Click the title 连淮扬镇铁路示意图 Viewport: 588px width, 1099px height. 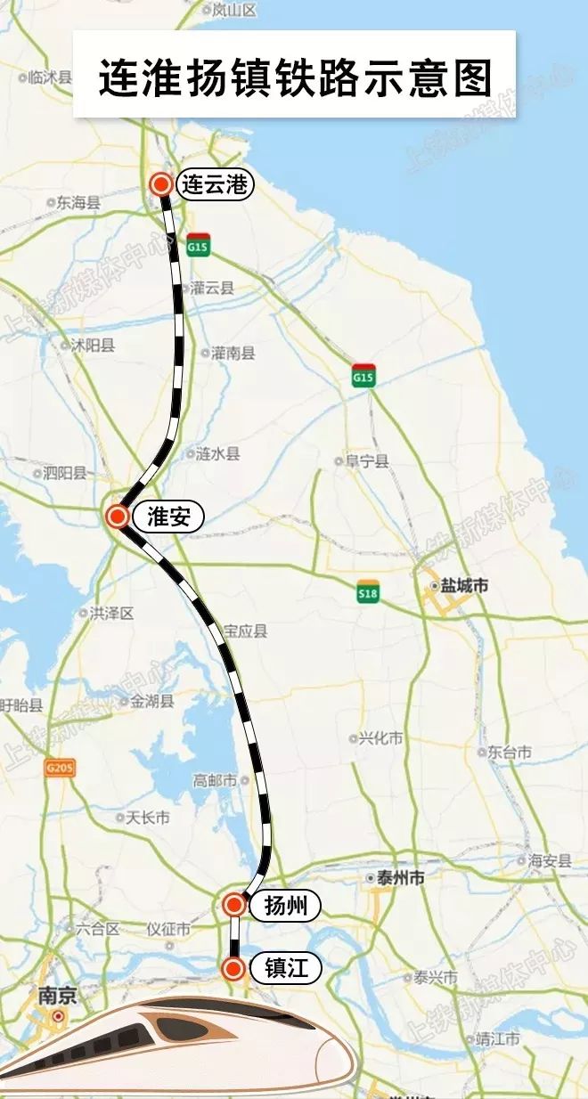click(x=294, y=77)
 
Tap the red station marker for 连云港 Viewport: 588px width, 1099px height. click(x=161, y=184)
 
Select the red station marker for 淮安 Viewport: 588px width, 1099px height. click(x=117, y=517)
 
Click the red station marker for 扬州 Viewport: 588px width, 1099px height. click(x=233, y=905)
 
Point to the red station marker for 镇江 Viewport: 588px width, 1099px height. click(x=233, y=968)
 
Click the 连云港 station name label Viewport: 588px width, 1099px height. click(x=216, y=185)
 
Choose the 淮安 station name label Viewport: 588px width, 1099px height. click(x=168, y=517)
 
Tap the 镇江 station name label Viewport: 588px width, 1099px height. click(x=286, y=968)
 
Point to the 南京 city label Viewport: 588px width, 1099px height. click(x=56, y=996)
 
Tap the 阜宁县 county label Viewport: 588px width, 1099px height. click(x=367, y=461)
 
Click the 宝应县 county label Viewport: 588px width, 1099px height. click(x=244, y=631)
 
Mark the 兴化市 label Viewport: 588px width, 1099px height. click(x=380, y=738)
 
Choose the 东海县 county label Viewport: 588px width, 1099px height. click(x=78, y=203)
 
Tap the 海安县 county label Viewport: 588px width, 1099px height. click(x=548, y=860)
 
